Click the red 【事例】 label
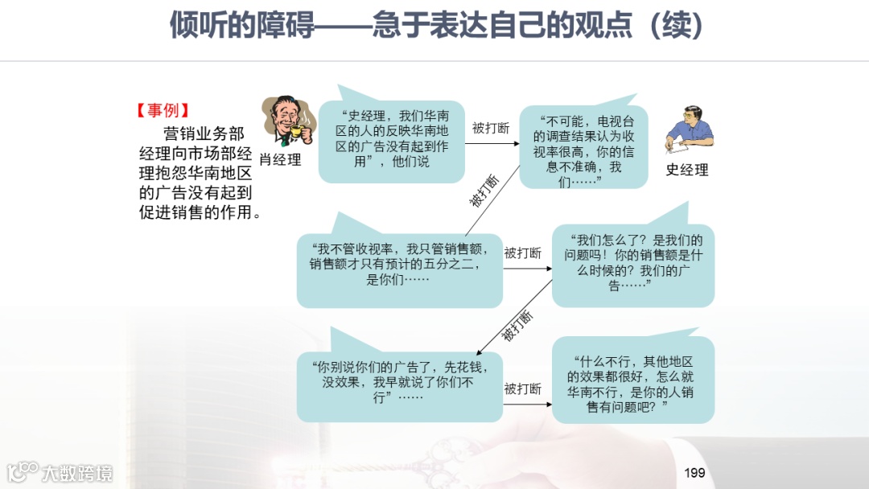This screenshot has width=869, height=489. (x=163, y=111)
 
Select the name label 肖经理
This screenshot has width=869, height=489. (x=280, y=160)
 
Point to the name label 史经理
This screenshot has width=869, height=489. (x=686, y=170)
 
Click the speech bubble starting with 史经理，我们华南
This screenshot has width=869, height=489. (x=392, y=138)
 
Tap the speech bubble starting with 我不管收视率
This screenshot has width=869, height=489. (x=399, y=265)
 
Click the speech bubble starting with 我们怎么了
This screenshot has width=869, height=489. (x=633, y=263)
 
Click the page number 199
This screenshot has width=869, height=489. (x=694, y=472)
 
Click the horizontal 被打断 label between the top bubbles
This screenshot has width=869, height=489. (x=491, y=129)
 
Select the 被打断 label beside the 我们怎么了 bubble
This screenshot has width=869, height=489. (x=523, y=253)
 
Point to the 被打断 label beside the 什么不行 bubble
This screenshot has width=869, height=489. (x=523, y=389)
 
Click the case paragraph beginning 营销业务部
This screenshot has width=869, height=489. (x=196, y=173)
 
